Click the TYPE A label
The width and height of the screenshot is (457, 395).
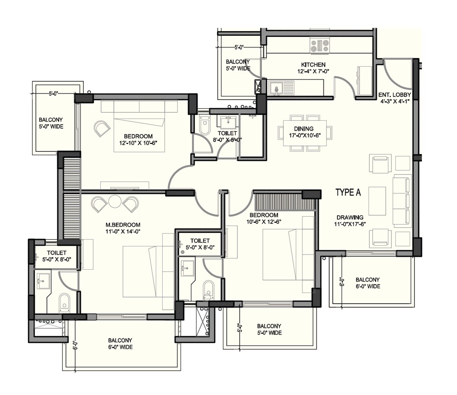pyautogui.click(x=348, y=192)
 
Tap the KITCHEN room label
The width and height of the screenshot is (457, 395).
pyautogui.click(x=313, y=65)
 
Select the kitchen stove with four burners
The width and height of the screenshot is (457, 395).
pyautogui.click(x=320, y=45)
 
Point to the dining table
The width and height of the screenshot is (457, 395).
pyautogui.click(x=304, y=133)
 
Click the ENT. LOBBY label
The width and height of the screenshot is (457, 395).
pyautogui.click(x=395, y=95)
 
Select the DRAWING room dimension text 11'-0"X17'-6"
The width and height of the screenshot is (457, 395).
pyautogui.click(x=350, y=224)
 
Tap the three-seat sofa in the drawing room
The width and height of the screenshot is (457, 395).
pyautogui.click(x=403, y=200)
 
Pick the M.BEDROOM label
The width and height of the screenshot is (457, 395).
pyautogui.click(x=123, y=225)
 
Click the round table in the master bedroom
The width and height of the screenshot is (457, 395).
pyautogui.click(x=115, y=201)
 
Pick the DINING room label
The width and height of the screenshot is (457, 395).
pyautogui.click(x=304, y=129)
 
